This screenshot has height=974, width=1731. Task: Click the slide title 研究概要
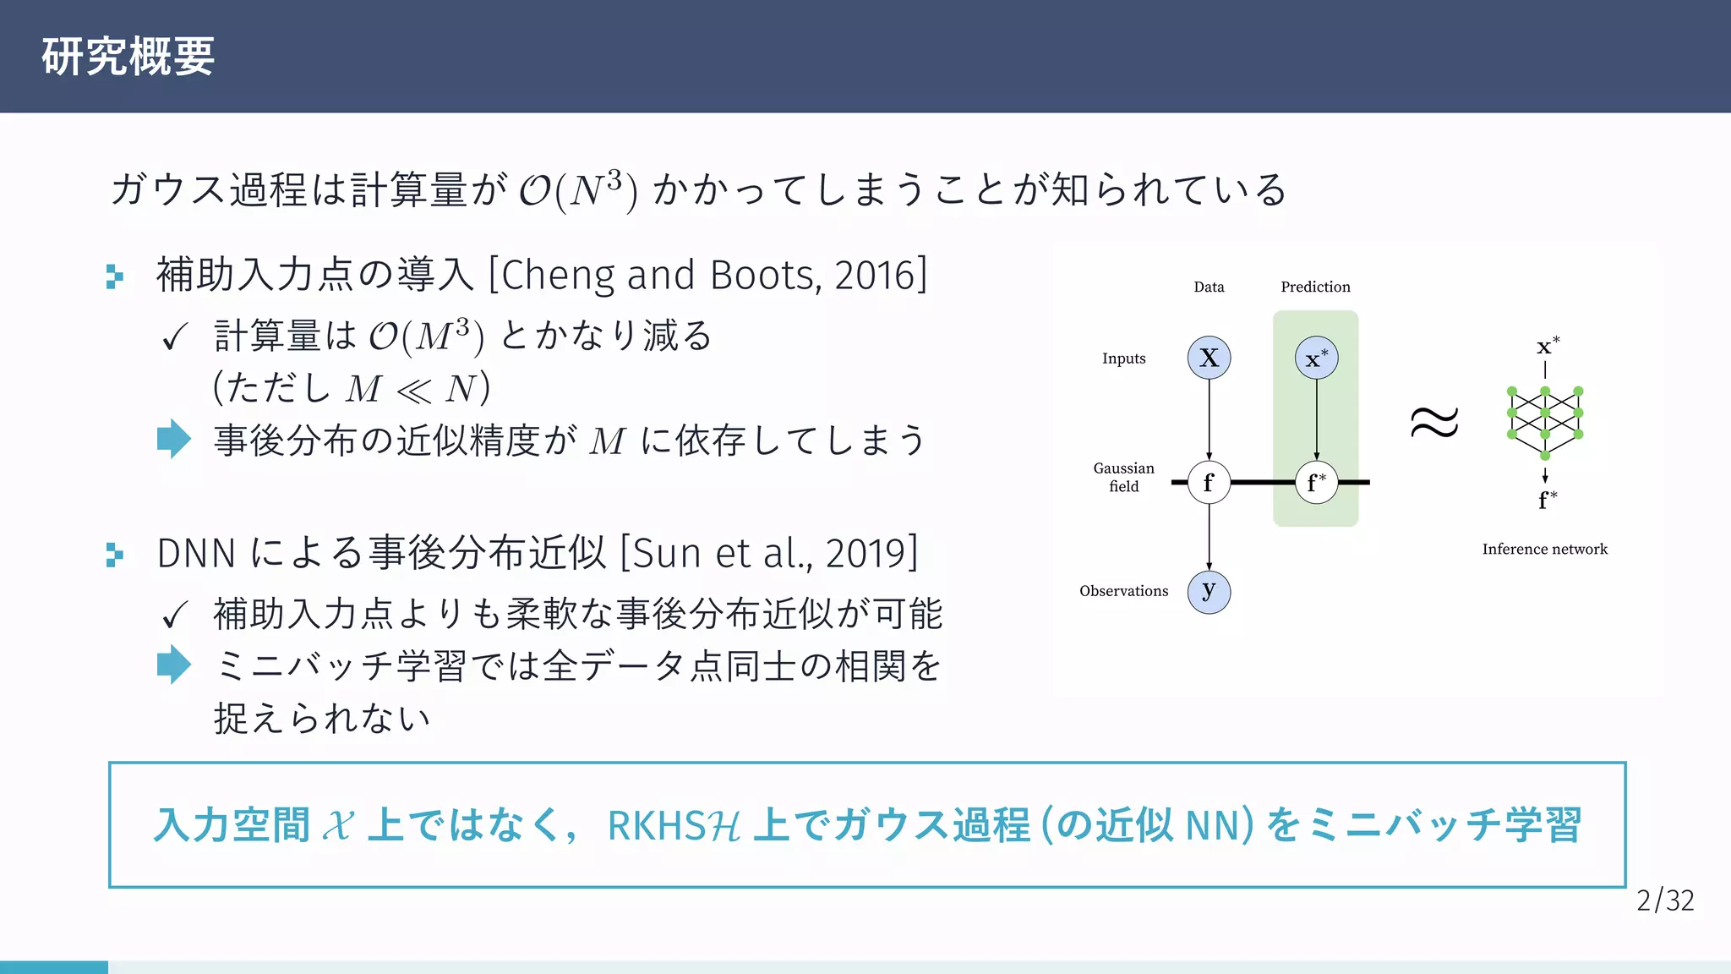128,57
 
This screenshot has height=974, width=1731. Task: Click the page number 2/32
1664,900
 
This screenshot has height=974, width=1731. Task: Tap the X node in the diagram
1209,358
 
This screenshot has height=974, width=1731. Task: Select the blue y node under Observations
1209,591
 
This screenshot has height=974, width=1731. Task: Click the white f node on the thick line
1209,482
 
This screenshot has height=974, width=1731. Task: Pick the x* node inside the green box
1316,358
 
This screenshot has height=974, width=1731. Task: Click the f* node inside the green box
1316,482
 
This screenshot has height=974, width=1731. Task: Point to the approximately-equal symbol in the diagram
1434,421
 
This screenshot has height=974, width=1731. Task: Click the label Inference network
1544,549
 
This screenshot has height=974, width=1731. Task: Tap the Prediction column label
1315,287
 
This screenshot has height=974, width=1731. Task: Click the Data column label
1209,287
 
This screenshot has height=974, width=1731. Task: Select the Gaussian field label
1123,477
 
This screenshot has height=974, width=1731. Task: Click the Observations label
1123,591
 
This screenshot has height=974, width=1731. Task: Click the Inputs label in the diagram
1123,358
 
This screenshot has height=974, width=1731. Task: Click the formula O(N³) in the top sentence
577,189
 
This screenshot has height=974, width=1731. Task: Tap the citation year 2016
875,275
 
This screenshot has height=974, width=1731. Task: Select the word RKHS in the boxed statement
656,825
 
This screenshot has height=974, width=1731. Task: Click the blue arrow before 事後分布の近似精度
174,439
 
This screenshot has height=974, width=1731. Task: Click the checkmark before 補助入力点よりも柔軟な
174,615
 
